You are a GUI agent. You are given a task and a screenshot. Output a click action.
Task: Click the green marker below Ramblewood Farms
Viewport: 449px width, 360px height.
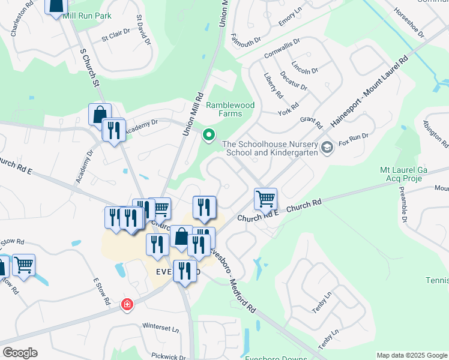208,135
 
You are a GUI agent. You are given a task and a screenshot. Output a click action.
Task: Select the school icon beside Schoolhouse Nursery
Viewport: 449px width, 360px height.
327,147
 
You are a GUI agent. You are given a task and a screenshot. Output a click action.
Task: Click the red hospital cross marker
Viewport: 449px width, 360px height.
127,305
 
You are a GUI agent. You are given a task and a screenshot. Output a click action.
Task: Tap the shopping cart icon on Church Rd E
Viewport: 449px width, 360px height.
265,199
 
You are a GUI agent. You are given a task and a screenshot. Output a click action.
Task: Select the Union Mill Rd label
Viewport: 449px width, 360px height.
191,113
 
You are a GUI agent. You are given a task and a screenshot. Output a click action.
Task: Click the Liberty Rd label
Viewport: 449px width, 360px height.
273,86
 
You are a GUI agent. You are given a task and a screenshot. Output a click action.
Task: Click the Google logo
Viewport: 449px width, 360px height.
20,353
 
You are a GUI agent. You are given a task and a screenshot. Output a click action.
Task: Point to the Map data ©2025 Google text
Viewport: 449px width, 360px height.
411,355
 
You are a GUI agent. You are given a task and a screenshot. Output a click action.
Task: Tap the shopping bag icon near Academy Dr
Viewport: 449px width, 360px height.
100,114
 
